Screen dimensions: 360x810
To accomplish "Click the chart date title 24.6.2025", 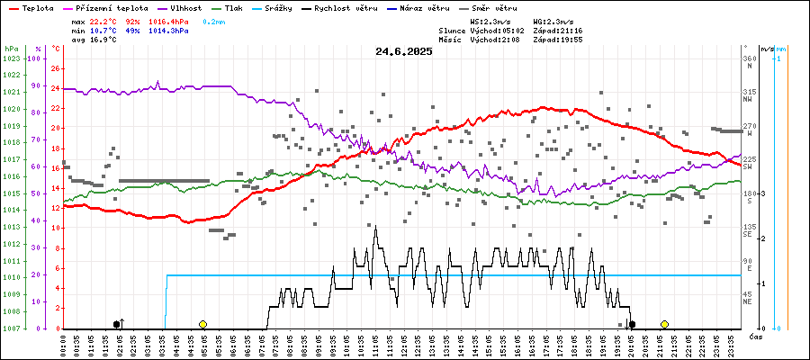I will pos(404,51).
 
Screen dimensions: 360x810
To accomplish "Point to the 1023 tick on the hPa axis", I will pos(11,58).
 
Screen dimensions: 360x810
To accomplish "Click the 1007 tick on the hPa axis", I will pos(11,328).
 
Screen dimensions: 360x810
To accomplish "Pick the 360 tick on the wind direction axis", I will pos(749,58).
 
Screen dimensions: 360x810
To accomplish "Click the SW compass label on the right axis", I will pos(749,167).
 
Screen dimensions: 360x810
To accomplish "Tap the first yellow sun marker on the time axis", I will pos(203,324).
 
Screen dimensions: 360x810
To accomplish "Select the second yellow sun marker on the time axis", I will pos(664,324).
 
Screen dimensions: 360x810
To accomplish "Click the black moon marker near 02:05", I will pos(116,324).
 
